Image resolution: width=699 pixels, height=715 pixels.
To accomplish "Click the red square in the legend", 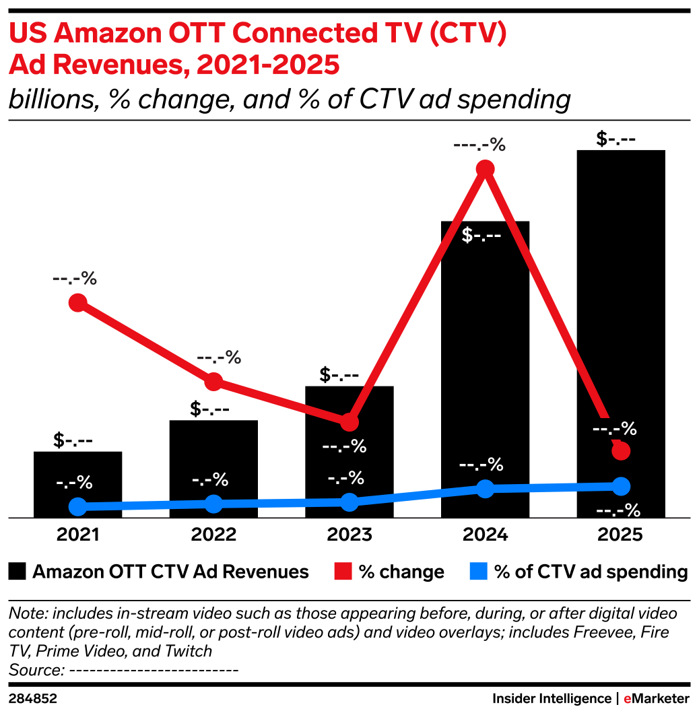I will point(343,571).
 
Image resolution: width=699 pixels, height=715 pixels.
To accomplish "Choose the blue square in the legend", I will point(478,571).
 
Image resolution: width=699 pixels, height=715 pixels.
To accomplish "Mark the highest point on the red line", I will point(485,168).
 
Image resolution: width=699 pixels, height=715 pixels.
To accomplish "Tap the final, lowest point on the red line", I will point(621,450).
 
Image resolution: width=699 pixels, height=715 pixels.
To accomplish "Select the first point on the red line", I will point(78,302).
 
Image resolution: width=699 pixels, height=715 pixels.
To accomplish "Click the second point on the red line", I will point(213,382).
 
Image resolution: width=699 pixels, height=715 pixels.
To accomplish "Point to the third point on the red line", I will point(349,422).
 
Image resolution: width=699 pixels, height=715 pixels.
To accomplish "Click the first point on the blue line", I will point(78,506).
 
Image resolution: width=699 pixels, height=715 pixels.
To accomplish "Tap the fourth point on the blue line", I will point(485,488).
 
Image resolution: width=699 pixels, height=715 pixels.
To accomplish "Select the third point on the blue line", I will point(349,502).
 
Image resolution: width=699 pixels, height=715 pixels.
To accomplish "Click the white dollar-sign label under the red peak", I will point(481,236).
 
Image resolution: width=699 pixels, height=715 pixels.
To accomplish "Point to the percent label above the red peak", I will point(479,145).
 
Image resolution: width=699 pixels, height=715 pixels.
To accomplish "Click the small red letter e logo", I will point(627,700).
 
